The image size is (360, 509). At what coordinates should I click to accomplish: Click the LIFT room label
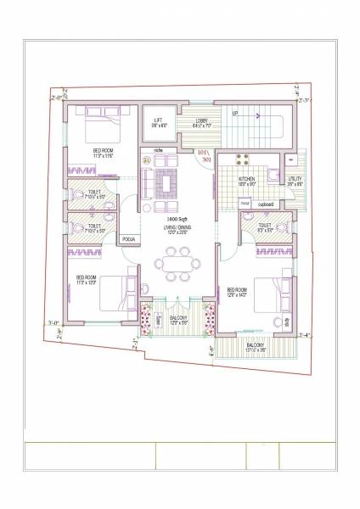pos(157,120)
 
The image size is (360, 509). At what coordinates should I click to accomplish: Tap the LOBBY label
pos(201,121)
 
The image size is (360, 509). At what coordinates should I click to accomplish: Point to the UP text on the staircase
pos(234,113)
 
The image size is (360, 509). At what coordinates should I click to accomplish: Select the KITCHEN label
pos(246,179)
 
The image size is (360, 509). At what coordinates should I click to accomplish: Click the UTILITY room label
pos(294,179)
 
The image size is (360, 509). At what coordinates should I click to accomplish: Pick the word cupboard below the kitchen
pos(267,204)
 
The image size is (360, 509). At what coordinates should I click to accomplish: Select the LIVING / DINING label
pos(177,229)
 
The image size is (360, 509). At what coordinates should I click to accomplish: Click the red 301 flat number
pos(205,158)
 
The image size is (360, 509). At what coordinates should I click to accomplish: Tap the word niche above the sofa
pos(158,150)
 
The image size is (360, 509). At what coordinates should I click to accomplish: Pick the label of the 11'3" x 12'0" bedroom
pos(89,278)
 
